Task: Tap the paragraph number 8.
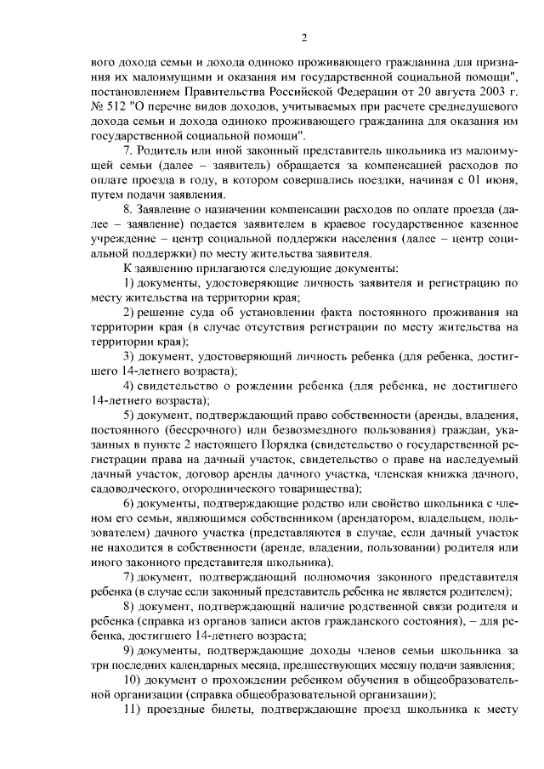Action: tap(127, 210)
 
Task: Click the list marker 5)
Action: tap(129, 415)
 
